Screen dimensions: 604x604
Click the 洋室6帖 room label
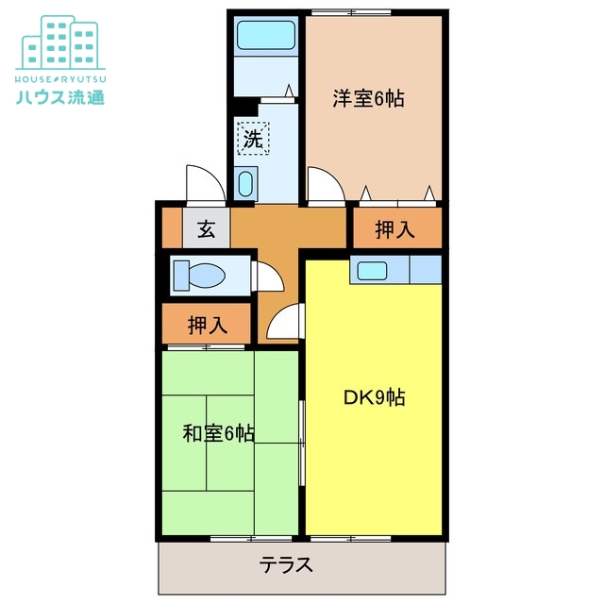368,98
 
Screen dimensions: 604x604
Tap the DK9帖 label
374,397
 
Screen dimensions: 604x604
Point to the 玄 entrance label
206,227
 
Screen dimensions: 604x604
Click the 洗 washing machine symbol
252,139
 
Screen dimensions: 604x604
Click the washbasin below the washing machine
246,183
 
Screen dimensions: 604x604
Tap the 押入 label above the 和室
207,326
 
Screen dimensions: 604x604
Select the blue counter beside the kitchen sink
426,270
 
